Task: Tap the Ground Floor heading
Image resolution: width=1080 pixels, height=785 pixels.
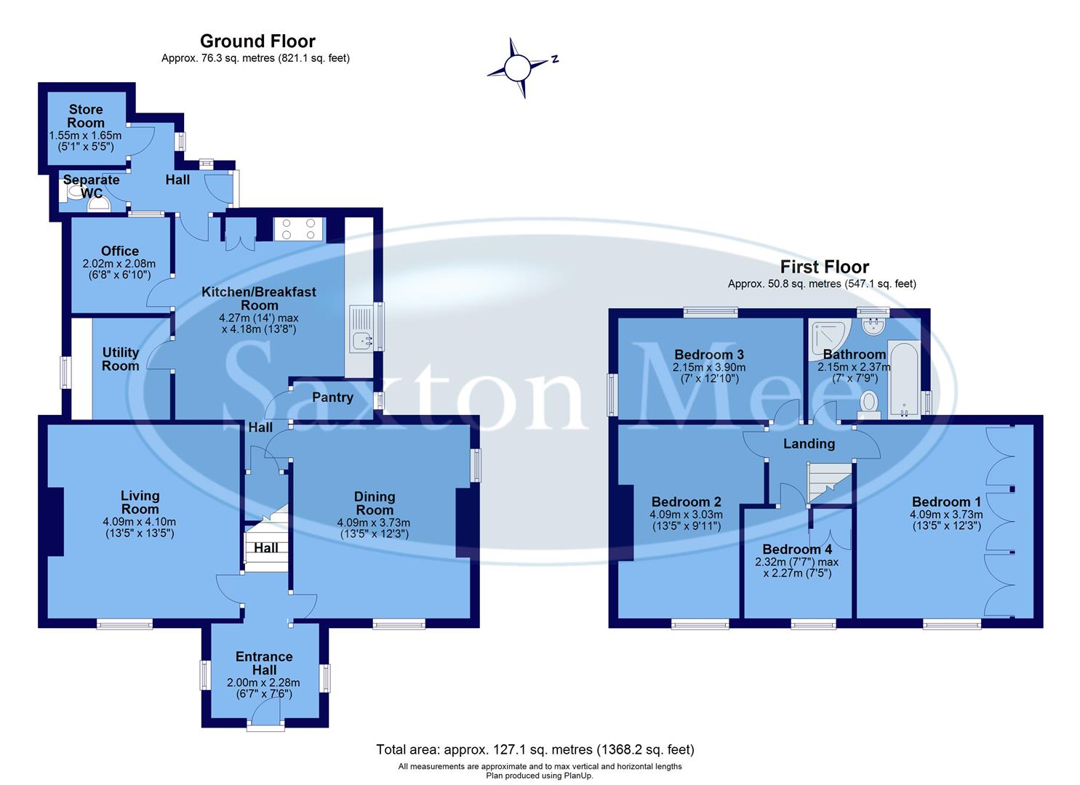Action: click(257, 41)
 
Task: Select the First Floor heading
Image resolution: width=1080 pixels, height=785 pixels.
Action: click(824, 267)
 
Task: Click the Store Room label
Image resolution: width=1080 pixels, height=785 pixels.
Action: click(86, 116)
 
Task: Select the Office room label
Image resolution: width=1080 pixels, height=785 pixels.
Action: click(120, 251)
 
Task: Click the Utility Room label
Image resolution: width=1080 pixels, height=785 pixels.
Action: click(120, 359)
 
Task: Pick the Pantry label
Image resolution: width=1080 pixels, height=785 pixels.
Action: click(332, 398)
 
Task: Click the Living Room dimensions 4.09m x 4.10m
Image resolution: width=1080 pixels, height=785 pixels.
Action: click(140, 521)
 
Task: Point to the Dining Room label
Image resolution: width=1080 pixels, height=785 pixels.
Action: click(374, 503)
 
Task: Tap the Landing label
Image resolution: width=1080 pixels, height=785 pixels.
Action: click(808, 443)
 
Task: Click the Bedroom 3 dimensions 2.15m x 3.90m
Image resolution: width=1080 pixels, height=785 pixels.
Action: click(709, 367)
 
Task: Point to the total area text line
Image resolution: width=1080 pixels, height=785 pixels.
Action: click(535, 749)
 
